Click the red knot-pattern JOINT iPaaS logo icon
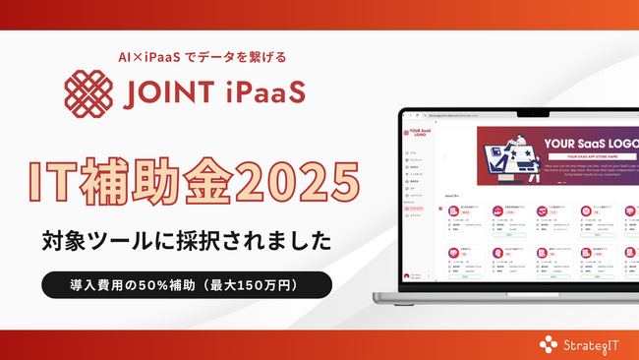pos(87,91)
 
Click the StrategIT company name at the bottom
pos(593,343)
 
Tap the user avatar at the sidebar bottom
pos(406,276)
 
